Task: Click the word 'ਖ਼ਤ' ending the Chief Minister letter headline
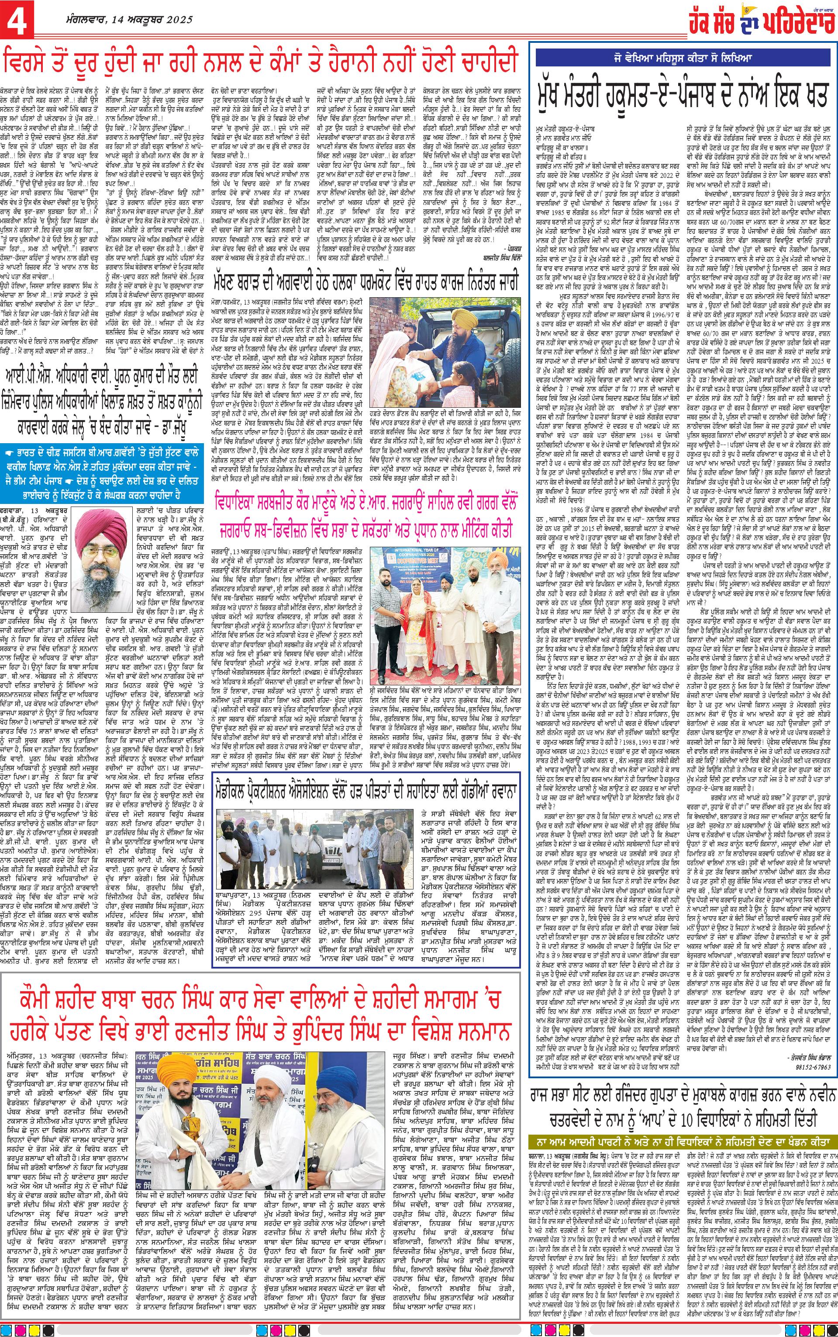pos(810,88)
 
